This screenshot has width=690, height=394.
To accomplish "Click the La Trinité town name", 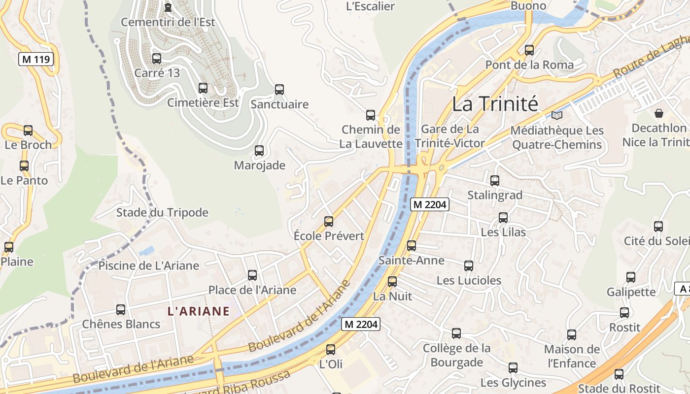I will point(495,104).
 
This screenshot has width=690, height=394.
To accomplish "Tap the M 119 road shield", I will point(36,60).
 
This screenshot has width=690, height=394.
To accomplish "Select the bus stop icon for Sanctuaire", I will point(279,90).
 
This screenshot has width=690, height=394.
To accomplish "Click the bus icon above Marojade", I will point(259,151).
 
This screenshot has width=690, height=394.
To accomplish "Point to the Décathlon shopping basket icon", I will point(659,113).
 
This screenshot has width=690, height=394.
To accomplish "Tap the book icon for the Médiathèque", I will point(557,115).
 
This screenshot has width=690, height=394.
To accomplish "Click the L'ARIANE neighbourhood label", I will point(199,311).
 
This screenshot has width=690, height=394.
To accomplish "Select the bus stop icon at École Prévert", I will point(329,222).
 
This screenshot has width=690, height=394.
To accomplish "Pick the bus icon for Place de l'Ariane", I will point(252,275).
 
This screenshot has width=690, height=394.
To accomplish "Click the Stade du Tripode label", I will point(162,213).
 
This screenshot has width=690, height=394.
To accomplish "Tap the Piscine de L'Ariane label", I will point(149,266).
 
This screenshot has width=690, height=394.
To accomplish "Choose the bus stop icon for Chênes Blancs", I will point(121,310).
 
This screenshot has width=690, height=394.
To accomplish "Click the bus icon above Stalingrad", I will point(495,181).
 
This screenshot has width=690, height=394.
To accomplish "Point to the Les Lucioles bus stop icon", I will point(469,266).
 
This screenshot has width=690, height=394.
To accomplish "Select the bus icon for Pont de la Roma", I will point(529,50).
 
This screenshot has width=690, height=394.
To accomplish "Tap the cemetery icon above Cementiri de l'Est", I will point(168,7).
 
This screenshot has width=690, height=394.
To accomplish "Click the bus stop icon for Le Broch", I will point(28,131).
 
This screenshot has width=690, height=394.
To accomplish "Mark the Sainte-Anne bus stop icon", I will point(412,246).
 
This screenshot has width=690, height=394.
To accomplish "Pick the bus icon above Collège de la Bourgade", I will point(456,333).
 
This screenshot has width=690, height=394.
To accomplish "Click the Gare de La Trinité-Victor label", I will point(450,136).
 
